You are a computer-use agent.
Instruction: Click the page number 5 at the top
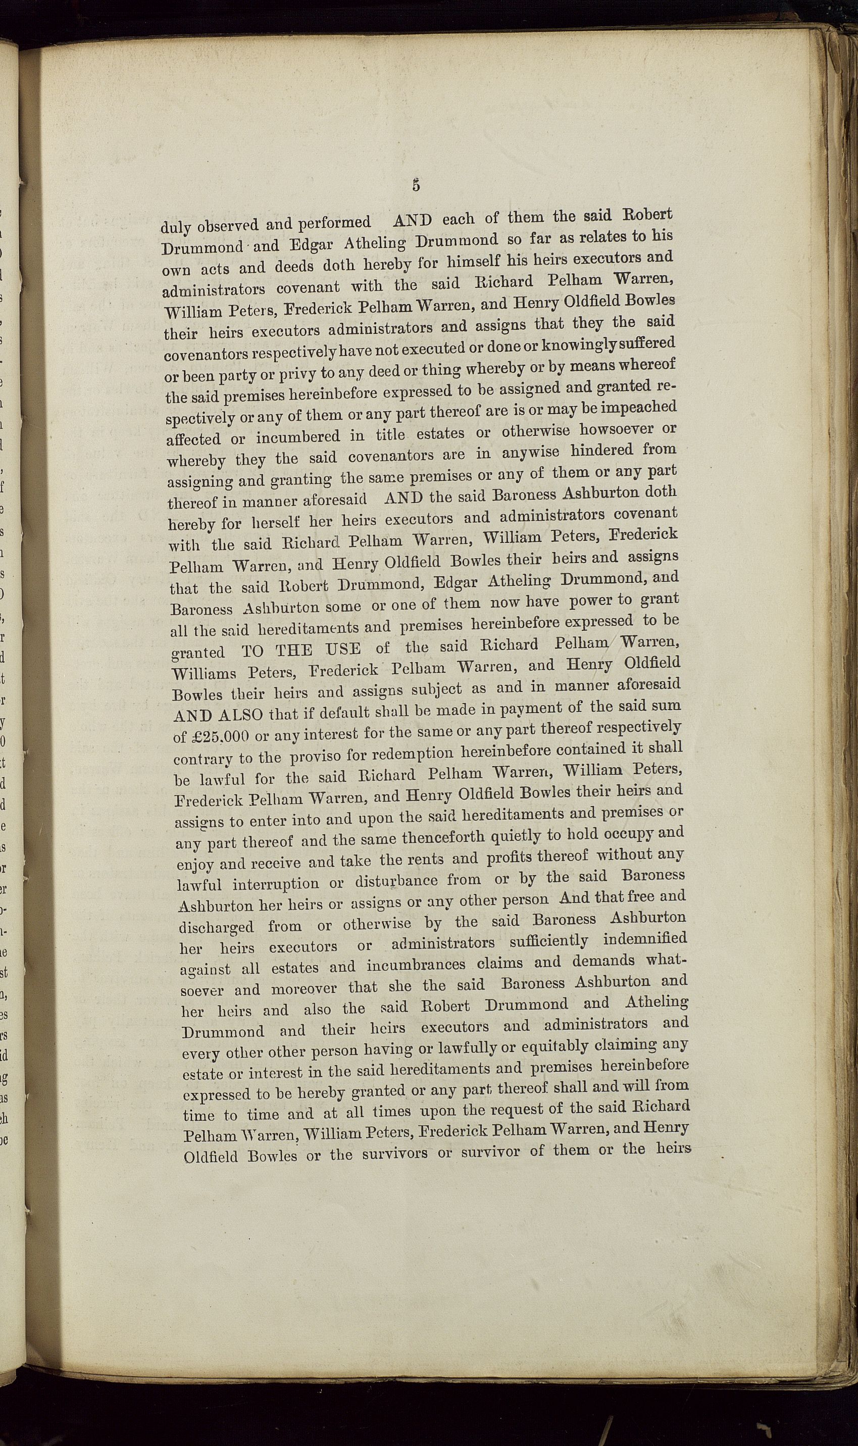coord(416,185)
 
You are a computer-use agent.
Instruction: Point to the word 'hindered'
coord(598,451)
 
